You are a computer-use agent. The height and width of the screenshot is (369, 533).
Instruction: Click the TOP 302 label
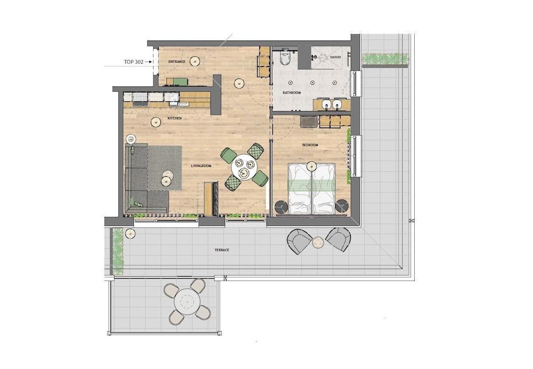point(134,62)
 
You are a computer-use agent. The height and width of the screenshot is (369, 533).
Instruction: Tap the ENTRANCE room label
point(177,61)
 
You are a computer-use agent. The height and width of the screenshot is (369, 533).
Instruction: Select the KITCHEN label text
point(175,118)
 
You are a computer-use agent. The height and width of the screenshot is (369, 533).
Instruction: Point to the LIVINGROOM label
point(201,166)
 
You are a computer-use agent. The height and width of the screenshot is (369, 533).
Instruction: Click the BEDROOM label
point(310,145)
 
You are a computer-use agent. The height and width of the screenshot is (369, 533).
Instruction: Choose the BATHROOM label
point(292,93)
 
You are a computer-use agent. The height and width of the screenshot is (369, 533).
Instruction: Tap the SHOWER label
point(335,57)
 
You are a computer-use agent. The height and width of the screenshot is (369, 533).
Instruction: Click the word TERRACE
point(222,250)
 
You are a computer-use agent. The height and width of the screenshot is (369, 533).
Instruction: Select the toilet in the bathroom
point(285,58)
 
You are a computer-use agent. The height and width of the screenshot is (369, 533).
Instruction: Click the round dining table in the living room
point(245,167)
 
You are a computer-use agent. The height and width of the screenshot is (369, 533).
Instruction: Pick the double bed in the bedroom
point(312,189)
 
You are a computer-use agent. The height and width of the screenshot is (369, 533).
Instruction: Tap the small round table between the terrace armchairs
point(319,242)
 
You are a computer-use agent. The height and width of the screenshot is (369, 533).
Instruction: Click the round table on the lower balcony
point(187,301)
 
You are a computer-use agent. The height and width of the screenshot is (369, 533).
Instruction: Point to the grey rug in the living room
point(164,168)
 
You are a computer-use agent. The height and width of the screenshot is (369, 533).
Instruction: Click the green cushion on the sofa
point(138,204)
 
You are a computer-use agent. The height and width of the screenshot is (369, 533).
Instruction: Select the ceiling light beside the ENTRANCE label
point(195,61)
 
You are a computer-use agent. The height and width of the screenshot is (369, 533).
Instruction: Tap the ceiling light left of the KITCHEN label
point(156,122)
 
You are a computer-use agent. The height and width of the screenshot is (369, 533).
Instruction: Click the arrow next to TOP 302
point(148,62)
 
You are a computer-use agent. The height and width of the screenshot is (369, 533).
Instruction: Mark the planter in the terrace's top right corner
point(385,59)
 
